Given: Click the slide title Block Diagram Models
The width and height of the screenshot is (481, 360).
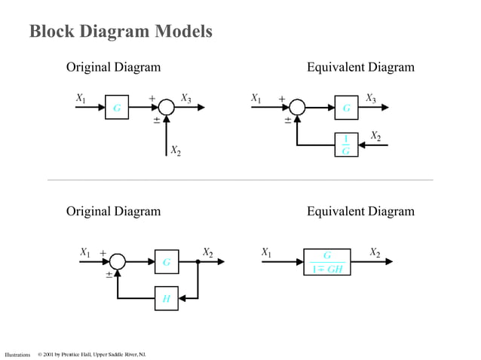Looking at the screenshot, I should click(x=121, y=32).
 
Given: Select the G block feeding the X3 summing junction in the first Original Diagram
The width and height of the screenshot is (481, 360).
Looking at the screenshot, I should click(x=116, y=108).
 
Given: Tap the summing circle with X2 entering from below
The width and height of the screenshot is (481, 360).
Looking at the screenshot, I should click(x=166, y=108).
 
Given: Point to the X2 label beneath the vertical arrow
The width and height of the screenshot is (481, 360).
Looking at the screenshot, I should click(x=175, y=151).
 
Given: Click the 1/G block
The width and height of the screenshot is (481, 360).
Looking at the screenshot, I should click(x=346, y=145).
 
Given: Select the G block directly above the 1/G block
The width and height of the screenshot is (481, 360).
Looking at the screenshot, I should click(x=346, y=108).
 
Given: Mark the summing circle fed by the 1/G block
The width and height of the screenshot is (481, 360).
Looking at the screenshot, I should click(x=297, y=108).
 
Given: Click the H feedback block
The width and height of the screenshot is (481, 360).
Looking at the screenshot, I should click(x=166, y=299).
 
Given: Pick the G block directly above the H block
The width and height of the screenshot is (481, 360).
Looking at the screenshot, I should click(x=166, y=262).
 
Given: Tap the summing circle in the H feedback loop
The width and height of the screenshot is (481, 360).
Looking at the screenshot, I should click(x=117, y=262).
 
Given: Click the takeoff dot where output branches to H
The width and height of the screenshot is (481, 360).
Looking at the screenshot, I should click(x=198, y=262).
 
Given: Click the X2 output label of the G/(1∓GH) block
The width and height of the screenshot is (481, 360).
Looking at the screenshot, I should click(x=375, y=252).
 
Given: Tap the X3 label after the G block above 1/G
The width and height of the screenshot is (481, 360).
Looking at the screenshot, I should click(x=370, y=98).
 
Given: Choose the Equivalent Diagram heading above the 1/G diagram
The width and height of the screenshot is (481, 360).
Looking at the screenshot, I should click(x=360, y=68).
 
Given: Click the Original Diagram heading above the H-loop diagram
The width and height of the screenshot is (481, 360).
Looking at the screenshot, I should click(x=113, y=211).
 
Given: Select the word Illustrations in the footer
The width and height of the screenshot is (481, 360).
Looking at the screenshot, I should click(x=17, y=354).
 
